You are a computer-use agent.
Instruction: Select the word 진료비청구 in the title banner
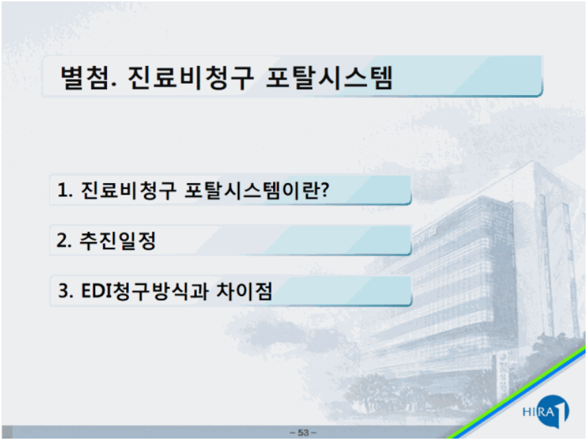click(191, 77)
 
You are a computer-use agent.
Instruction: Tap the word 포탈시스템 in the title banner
click(329, 77)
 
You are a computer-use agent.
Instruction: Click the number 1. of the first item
click(64, 190)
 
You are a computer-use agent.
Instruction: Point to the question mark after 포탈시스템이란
click(325, 189)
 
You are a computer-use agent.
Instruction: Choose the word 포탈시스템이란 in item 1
click(252, 190)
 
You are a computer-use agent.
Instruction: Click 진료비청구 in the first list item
click(128, 190)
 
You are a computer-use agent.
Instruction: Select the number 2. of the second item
click(64, 240)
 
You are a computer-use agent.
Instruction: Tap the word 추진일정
click(117, 241)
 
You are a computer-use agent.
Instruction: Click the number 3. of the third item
click(66, 291)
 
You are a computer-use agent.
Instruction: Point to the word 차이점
click(244, 291)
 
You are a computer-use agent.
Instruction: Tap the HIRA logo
click(546, 412)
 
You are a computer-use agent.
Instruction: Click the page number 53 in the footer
click(303, 433)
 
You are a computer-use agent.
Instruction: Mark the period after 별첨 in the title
click(115, 87)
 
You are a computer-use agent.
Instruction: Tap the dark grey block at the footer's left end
click(7, 432)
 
